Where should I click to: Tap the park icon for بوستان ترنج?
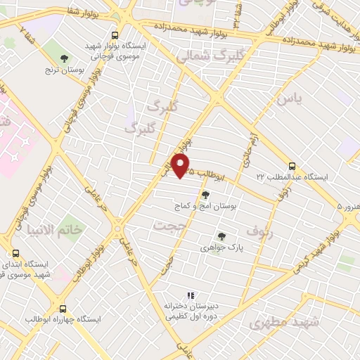tap(65, 58)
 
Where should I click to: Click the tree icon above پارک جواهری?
tap(222, 236)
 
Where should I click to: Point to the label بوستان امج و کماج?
tap(205, 207)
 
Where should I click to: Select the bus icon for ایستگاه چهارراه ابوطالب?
tap(64, 308)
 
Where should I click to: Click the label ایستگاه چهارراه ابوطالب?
tap(64, 319)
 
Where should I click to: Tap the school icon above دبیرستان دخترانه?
tap(188, 296)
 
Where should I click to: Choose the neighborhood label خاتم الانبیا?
tap(54, 230)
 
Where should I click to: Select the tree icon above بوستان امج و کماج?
tap(205, 195)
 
